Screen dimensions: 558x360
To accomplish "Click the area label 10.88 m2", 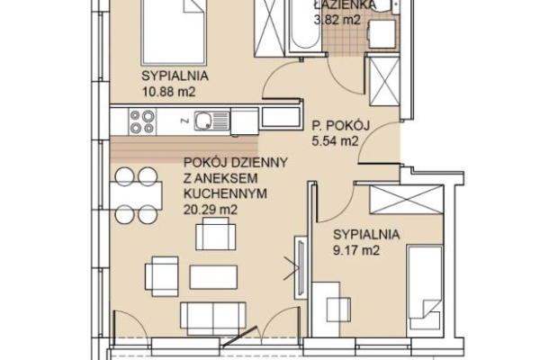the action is coord(169,92).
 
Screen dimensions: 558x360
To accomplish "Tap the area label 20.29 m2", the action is coord(211,210).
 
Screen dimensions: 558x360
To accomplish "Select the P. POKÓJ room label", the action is coord(341,125).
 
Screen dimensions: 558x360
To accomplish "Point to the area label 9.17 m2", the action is coord(356,250).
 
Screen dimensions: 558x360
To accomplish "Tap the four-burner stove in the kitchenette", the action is coord(142,121).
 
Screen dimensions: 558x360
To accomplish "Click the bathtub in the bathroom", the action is coord(305,25).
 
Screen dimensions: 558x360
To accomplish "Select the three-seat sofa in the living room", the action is coord(213,319).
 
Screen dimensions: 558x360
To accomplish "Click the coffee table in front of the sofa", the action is coord(213,277).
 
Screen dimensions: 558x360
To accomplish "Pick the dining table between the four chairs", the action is coord(136,195).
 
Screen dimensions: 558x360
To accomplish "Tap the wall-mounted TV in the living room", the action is coord(301,267).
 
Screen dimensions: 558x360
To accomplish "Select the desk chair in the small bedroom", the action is coord(338,310).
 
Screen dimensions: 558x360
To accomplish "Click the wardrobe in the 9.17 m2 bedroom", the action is coord(407,200).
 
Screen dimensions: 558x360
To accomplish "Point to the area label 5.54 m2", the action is coord(335,141).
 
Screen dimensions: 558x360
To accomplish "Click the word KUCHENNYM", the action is coord(225,193).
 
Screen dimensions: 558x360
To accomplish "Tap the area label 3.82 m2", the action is coord(337,20).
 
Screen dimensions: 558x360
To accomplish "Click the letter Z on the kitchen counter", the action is coord(184,121).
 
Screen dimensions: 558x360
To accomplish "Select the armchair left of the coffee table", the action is coord(162,276).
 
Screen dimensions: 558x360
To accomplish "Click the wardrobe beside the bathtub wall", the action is coord(269,27).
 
